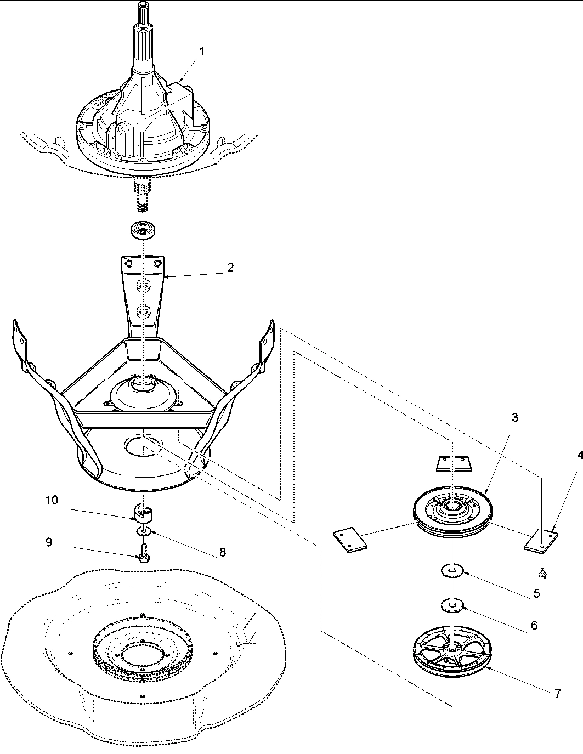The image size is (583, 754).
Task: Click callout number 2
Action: [230, 267]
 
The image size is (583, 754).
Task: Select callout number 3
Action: [514, 417]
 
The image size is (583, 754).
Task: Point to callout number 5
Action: [536, 593]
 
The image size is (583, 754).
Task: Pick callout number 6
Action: [534, 625]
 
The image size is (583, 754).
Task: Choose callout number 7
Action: [557, 693]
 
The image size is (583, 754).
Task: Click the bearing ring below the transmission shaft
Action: [143, 229]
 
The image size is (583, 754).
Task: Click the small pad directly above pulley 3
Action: [452, 464]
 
